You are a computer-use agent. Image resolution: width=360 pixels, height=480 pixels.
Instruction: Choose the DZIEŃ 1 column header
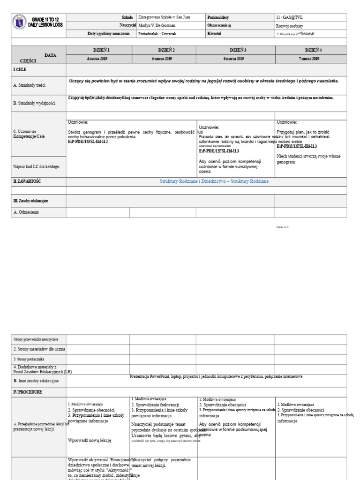point(98,50)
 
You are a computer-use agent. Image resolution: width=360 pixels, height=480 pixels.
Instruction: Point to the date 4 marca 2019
point(98,59)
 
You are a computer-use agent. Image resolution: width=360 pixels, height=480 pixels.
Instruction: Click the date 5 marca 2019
point(163,59)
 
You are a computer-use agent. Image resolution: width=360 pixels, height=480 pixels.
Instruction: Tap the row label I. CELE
point(20,69)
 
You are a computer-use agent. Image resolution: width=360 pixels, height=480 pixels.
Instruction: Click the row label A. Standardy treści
point(32,85)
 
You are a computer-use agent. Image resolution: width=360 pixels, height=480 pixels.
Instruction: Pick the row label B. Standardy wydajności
point(35,103)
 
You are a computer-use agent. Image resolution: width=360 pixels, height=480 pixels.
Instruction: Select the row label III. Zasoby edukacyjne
point(30,201)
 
